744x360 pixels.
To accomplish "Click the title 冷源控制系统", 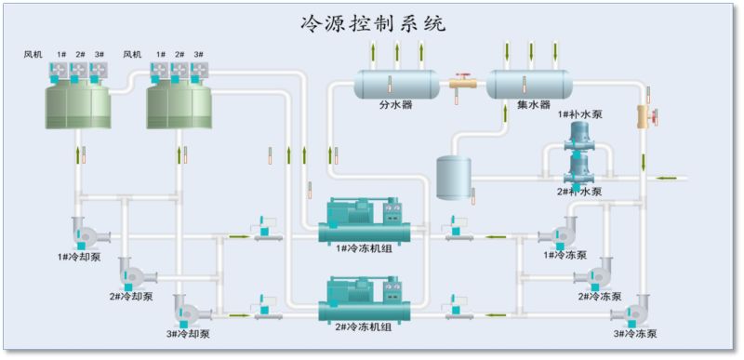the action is tap(374, 22).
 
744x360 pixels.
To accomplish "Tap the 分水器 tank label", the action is tap(395, 105).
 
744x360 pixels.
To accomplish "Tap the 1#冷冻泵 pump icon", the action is tap(559, 233).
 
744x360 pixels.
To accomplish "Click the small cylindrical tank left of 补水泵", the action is tap(454, 177).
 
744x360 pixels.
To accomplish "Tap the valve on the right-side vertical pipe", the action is tap(647, 116).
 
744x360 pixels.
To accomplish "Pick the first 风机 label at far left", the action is tap(33, 54).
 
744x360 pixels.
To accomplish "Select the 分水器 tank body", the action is tap(396, 84).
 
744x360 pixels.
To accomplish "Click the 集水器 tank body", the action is tap(529, 84).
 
